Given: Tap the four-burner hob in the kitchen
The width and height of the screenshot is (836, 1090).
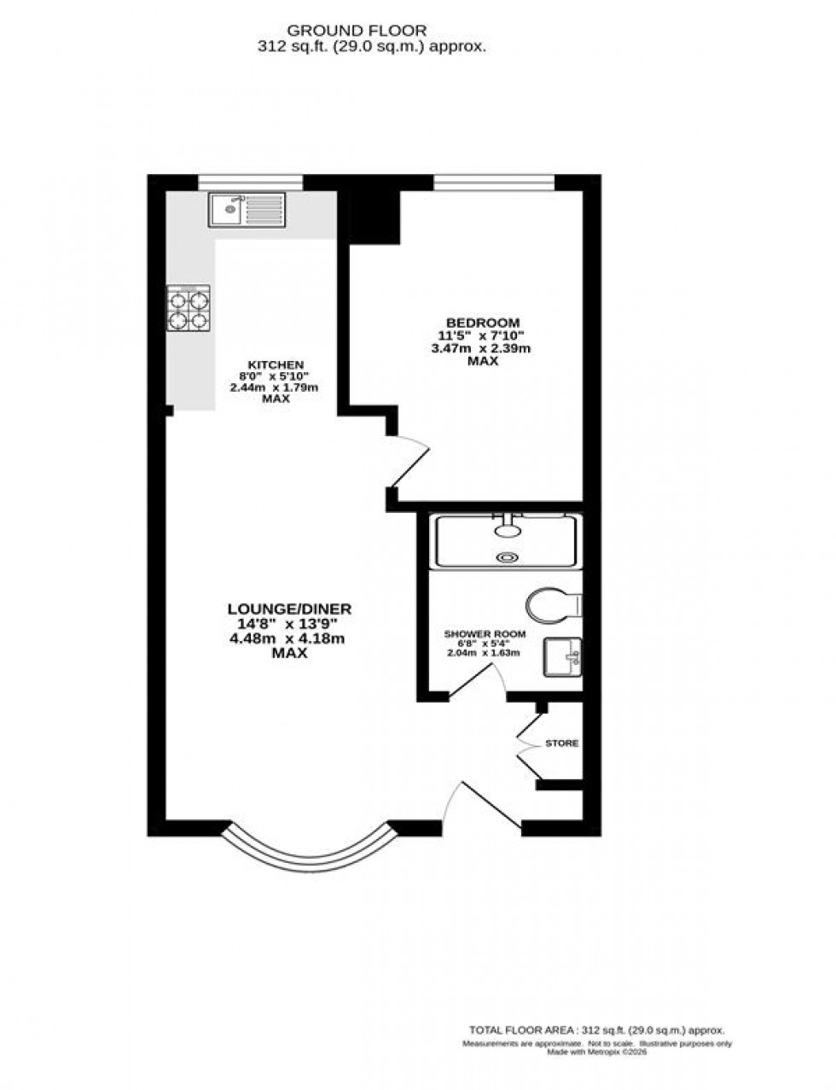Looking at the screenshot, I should pos(189,309).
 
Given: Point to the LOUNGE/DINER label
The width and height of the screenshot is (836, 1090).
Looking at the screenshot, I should pos(289,609).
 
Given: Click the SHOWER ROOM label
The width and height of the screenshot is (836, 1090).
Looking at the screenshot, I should pos(485,634).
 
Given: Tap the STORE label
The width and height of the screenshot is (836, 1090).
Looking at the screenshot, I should pos(562,743).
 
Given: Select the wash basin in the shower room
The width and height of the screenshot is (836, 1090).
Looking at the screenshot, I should pos(562,657).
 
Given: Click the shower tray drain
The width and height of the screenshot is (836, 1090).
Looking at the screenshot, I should pos(508,557).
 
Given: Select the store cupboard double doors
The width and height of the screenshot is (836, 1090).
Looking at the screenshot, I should pos(528,743).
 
